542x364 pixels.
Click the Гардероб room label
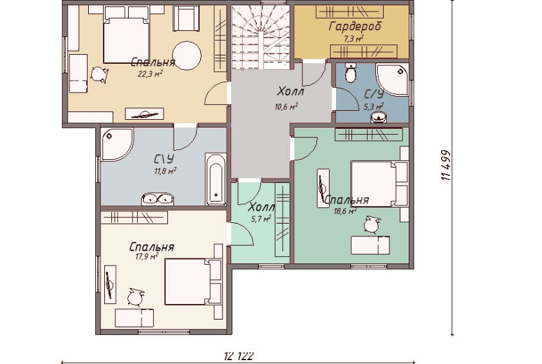click(x=355, y=26)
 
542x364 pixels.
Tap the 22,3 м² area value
click(x=150, y=73)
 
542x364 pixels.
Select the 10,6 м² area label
click(x=286, y=106)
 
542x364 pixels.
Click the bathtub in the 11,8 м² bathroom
click(x=216, y=179)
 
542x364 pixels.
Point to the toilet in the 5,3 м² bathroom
click(x=351, y=73)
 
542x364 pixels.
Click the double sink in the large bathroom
click(x=157, y=199)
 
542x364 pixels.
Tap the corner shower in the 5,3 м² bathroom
click(x=392, y=80)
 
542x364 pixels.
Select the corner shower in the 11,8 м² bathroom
click(x=117, y=144)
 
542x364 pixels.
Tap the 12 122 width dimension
click(x=239, y=356)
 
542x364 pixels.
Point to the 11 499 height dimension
click(x=446, y=165)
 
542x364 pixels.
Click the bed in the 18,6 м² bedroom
click(x=379, y=184)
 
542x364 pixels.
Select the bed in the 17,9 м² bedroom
click(x=193, y=282)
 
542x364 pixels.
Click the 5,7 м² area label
click(x=260, y=218)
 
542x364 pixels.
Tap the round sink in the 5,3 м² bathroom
click(x=378, y=118)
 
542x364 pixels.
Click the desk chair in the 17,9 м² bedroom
click(x=135, y=297)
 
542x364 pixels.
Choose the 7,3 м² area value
click(x=353, y=38)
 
